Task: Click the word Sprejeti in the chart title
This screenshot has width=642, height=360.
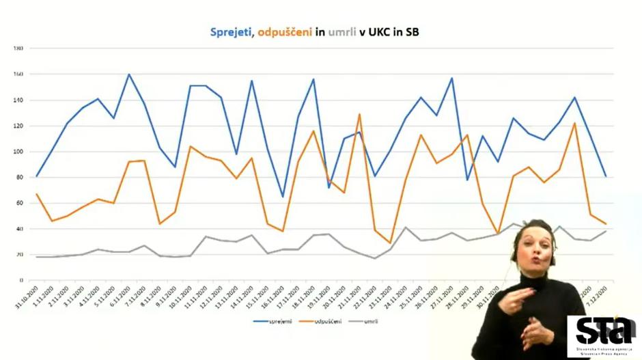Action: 232,31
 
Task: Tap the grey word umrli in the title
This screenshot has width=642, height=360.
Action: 342,31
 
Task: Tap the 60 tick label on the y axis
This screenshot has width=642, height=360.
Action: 20,203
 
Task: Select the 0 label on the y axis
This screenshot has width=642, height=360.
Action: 22,280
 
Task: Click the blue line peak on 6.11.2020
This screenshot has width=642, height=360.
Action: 128,74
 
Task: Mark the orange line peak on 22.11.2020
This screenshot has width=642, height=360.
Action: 359,114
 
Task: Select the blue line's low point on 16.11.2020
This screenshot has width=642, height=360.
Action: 283,197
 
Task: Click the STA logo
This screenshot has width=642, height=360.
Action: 603,333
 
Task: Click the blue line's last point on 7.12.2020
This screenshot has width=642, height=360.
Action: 606,176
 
